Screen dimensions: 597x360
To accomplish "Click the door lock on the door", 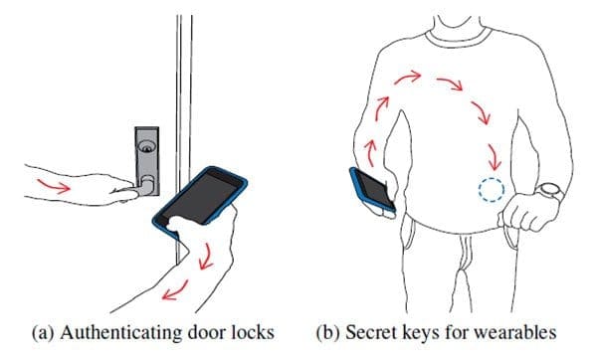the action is (x=145, y=164).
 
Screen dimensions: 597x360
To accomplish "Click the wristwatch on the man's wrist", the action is (x=548, y=192).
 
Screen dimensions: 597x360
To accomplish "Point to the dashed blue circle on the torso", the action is (x=490, y=189).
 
